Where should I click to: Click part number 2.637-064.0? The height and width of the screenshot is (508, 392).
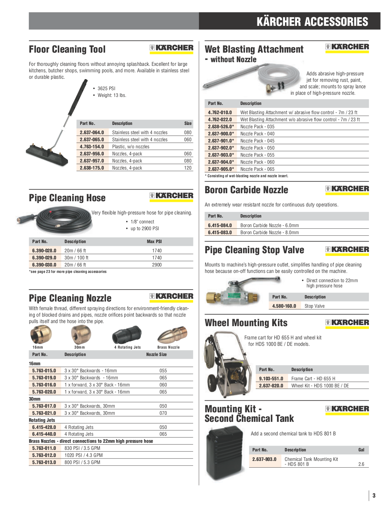coord(92,133)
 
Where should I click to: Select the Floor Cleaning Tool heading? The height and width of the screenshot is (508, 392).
coord(67,49)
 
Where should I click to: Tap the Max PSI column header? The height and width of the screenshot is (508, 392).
coord(154,242)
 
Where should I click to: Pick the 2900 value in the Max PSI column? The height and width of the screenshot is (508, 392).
coord(156,265)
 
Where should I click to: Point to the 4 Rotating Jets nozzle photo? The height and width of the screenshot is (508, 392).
coord(127,334)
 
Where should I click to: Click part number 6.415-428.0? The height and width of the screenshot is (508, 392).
coord(44,427)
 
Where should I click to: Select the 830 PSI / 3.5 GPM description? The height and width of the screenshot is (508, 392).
coord(82,448)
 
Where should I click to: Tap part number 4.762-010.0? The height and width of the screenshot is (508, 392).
coord(220,113)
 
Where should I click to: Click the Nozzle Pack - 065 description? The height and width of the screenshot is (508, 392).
coord(257,169)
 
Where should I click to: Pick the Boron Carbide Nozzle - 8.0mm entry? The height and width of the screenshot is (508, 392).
coord(269,233)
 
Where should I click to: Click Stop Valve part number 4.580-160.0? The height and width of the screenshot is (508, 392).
coord(284,306)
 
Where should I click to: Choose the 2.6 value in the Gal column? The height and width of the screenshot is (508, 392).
coord(361,464)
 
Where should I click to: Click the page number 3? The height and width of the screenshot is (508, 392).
coord(374,495)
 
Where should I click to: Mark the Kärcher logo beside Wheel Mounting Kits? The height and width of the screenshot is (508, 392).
coord(347,322)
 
